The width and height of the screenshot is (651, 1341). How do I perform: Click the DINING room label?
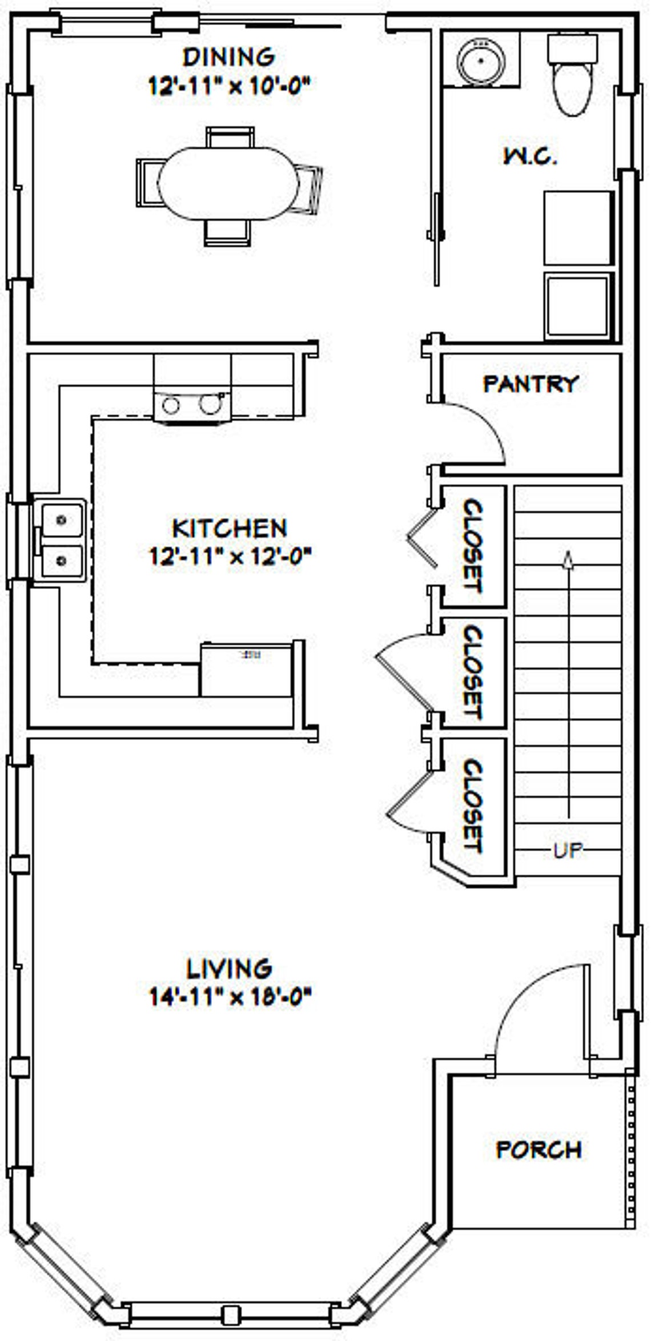point(229,57)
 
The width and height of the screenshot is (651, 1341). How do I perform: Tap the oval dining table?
point(228,184)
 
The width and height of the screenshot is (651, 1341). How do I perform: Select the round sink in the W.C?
point(482,61)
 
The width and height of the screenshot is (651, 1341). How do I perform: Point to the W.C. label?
point(530,156)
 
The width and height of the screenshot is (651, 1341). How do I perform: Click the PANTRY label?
point(531,384)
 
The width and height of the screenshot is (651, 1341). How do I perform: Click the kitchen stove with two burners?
point(192,404)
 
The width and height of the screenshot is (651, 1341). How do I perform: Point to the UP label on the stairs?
point(568,851)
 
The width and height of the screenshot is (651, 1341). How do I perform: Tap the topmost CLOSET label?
point(473,546)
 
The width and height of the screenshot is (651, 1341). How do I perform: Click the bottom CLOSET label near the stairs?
point(473,805)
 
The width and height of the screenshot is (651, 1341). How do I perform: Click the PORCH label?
point(539,1149)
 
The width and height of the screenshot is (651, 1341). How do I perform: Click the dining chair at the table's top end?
point(230,138)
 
